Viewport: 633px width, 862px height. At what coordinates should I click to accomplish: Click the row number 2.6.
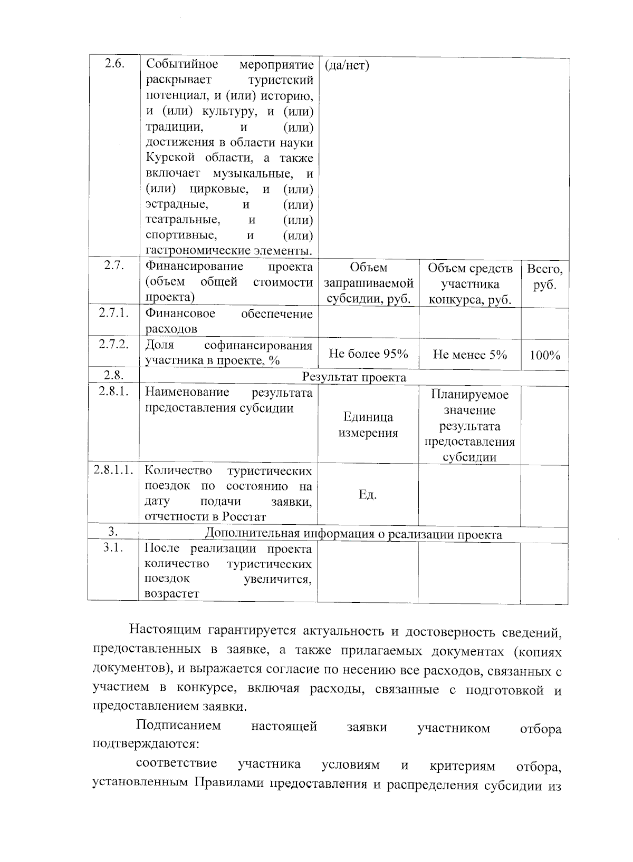(114, 64)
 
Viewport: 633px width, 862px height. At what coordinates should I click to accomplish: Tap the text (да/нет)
(347, 65)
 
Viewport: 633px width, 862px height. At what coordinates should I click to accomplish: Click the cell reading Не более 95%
(368, 354)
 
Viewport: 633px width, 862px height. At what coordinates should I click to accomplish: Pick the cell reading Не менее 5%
(469, 355)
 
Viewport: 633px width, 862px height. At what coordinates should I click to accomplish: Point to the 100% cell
(545, 355)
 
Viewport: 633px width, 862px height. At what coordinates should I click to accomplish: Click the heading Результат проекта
(354, 377)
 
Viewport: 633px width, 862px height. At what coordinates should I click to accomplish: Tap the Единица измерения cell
(368, 425)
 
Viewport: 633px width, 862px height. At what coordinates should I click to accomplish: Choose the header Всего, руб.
(545, 277)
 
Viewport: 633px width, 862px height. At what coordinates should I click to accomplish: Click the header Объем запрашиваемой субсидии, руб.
(368, 284)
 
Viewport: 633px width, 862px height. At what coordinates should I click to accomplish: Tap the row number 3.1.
(113, 547)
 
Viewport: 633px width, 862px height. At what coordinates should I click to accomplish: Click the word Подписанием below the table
(178, 726)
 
